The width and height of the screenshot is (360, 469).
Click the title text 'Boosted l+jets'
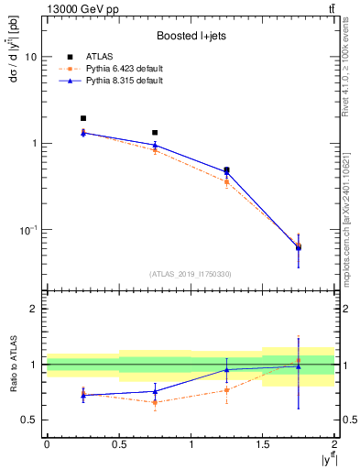click(189, 36)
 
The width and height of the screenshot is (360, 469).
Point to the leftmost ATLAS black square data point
click(82, 118)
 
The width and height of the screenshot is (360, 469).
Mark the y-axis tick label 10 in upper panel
click(30, 57)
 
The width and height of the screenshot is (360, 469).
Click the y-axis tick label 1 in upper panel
click(33, 144)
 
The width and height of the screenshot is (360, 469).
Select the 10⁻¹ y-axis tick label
click(28, 230)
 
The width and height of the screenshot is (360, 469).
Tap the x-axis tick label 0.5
click(118, 444)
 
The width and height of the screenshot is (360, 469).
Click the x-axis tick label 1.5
click(263, 444)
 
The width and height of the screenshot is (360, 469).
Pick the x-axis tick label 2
click(335, 444)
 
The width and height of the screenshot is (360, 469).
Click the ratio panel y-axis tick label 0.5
click(29, 420)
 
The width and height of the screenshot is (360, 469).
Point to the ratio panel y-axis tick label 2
click(34, 310)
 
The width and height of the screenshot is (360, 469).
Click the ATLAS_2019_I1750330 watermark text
click(190, 274)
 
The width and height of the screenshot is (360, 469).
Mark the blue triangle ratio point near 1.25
click(227, 370)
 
